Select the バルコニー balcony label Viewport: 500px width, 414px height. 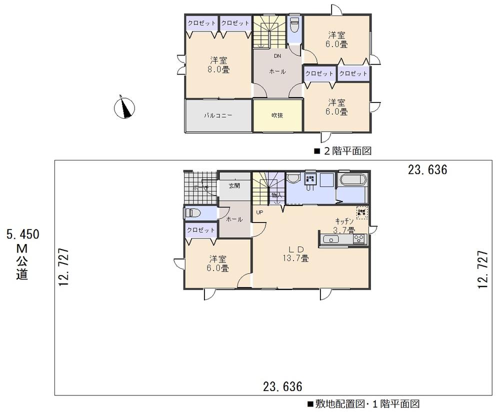(217, 115)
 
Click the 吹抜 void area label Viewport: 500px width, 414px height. (277, 115)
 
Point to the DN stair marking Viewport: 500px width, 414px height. (277, 55)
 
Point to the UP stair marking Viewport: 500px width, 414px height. (259, 212)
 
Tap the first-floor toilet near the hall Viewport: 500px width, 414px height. (192, 213)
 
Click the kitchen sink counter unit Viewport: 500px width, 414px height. (344, 239)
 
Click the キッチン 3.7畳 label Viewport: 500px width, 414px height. (344, 225)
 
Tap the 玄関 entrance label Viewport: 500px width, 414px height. (234, 185)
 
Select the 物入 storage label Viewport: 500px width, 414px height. (275, 194)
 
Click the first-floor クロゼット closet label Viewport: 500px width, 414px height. (200, 230)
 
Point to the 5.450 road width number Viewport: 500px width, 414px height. (22, 234)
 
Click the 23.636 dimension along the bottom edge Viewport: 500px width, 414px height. (283, 386)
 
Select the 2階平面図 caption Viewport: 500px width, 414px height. (342, 150)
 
